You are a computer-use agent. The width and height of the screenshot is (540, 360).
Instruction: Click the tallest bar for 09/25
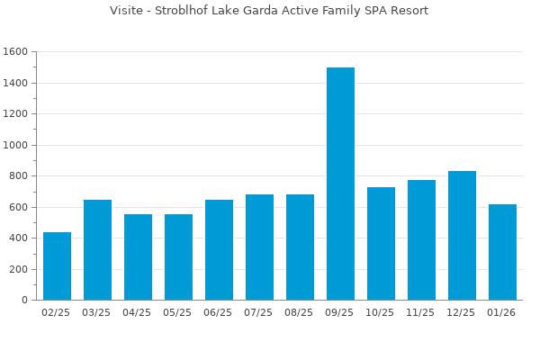point(340,184)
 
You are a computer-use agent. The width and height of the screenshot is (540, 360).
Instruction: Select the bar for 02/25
point(57,266)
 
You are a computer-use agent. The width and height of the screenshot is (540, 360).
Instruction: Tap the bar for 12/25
point(462,236)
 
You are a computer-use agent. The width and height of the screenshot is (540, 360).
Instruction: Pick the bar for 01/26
point(502,252)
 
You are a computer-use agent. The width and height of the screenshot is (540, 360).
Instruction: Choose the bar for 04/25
point(138,257)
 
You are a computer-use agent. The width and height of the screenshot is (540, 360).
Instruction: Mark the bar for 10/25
point(381,244)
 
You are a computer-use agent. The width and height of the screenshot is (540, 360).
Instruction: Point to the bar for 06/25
point(219,250)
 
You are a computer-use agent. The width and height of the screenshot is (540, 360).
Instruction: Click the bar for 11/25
point(421,240)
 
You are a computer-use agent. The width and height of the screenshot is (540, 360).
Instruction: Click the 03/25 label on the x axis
point(97,313)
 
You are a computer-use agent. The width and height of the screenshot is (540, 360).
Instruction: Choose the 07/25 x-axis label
point(259,313)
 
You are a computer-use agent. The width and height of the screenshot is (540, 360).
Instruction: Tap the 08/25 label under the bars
point(300,313)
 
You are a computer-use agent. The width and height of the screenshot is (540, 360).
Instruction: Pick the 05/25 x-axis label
point(178,313)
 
